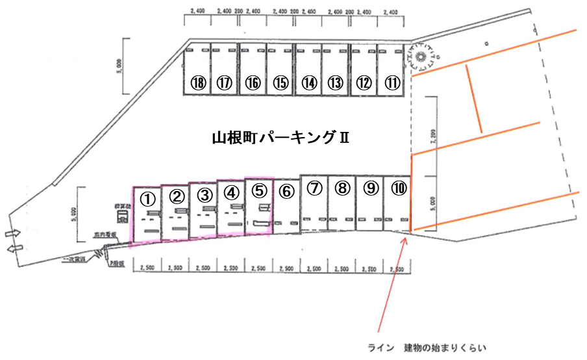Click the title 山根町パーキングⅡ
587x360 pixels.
point(281,138)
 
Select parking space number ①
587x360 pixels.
point(147,196)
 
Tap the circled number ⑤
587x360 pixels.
point(259,190)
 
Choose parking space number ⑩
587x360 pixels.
point(399,188)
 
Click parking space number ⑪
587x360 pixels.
point(393,83)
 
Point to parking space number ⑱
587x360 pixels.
point(199,83)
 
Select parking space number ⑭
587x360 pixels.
point(309,83)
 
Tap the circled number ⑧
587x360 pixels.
point(343,188)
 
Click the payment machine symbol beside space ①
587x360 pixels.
point(121,216)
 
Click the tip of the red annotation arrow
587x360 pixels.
point(406,239)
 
